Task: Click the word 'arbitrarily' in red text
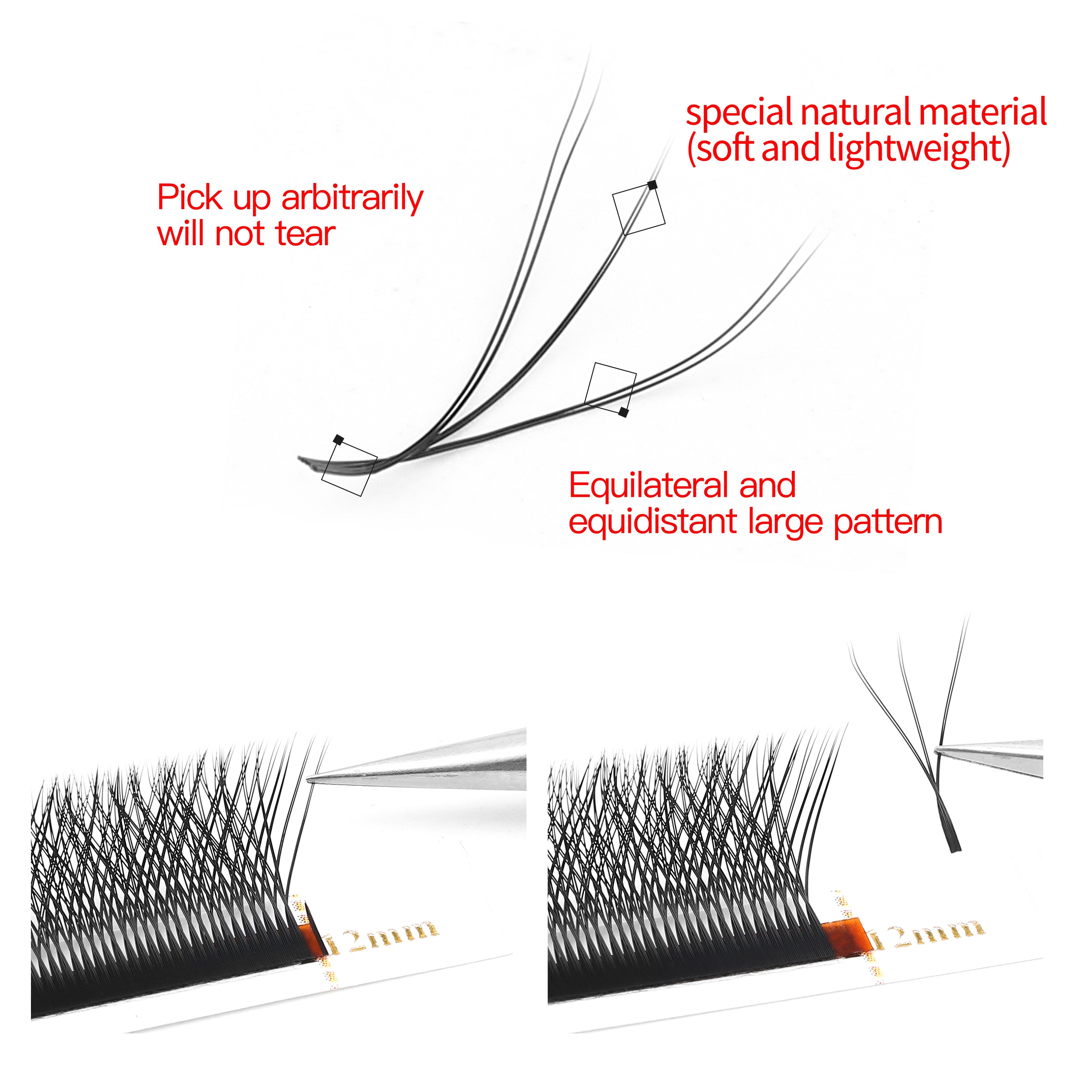[352, 198]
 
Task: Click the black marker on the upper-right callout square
[652, 185]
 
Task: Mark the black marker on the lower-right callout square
[624, 412]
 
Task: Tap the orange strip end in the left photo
[311, 939]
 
